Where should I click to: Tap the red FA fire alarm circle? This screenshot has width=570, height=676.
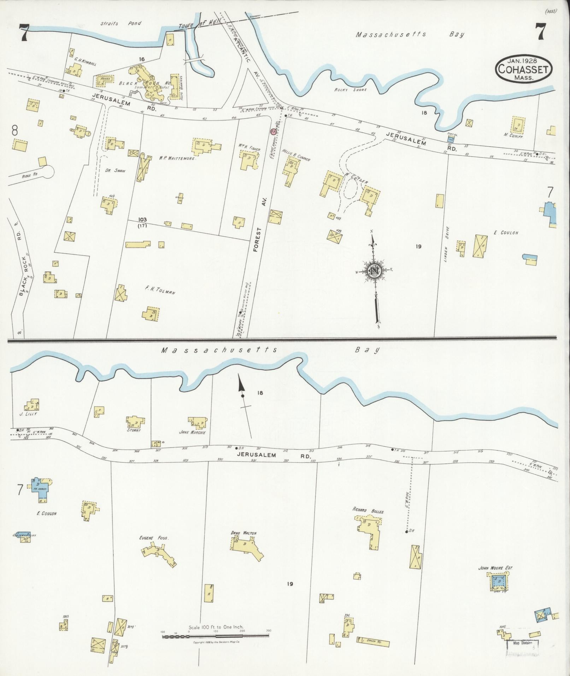(x=273, y=132)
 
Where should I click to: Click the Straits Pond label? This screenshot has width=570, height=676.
(x=121, y=24)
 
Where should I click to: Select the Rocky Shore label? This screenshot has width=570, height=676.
(x=351, y=90)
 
